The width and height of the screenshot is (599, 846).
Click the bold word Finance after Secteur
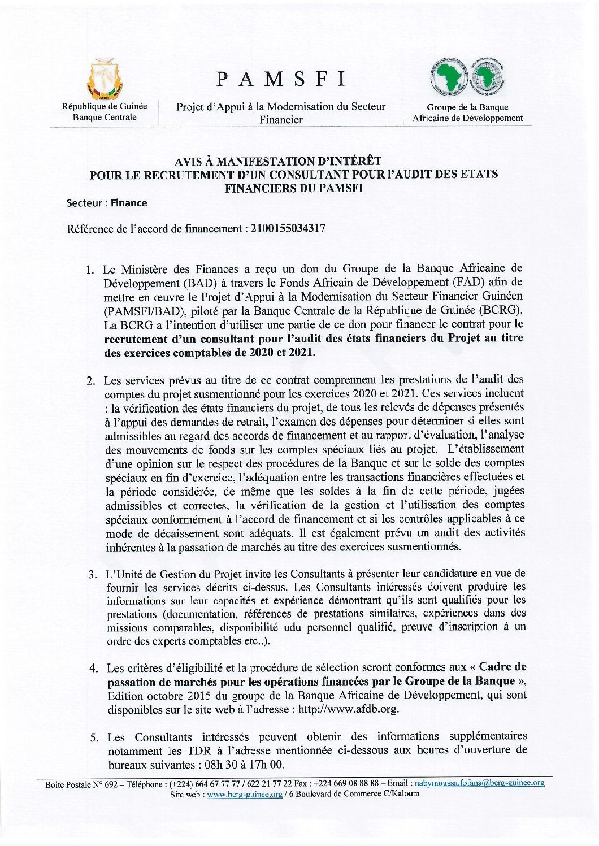pos(129,203)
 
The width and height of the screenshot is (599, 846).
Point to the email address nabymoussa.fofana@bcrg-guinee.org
pos(480,783)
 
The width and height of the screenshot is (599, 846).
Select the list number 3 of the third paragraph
pos(92,575)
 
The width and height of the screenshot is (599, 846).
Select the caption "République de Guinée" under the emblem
pos(105,106)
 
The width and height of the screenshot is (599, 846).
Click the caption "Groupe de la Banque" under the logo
pos(467,107)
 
